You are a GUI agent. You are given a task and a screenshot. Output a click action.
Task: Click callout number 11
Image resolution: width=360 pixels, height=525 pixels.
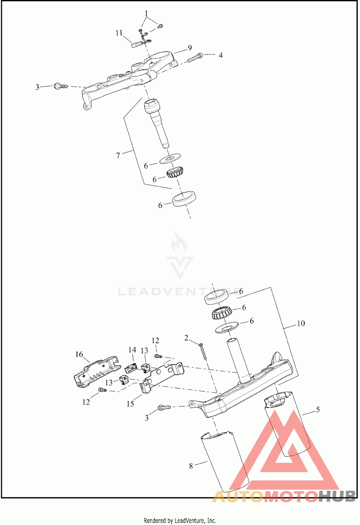tap(119, 33)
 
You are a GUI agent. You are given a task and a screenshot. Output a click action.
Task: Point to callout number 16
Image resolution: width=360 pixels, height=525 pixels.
tap(79, 354)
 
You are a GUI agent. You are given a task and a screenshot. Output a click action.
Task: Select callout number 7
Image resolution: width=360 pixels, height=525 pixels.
tap(118, 155)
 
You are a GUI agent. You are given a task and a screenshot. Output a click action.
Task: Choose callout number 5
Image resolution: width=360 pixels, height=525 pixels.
tap(318, 410)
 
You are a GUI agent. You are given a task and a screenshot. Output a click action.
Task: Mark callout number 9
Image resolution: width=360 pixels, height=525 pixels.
tap(177, 47)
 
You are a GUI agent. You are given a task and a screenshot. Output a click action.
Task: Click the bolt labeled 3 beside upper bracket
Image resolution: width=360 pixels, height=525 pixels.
tap(60, 85)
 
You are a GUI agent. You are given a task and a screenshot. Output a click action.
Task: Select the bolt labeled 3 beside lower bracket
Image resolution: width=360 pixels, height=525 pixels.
tap(163, 408)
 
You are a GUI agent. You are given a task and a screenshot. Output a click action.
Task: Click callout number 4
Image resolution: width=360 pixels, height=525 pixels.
tap(220, 55)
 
